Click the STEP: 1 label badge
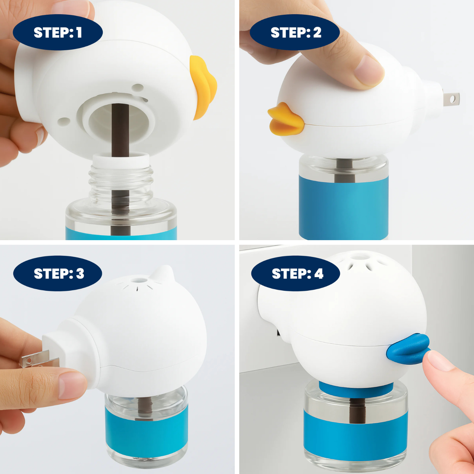click(58, 33)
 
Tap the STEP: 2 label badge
click(295, 33)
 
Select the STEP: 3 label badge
click(58, 273)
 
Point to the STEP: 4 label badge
click(295, 273)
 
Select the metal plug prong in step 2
click(451, 99)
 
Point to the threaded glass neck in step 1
click(121, 183)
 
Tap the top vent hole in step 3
click(138, 280)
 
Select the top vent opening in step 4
click(357, 257)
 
